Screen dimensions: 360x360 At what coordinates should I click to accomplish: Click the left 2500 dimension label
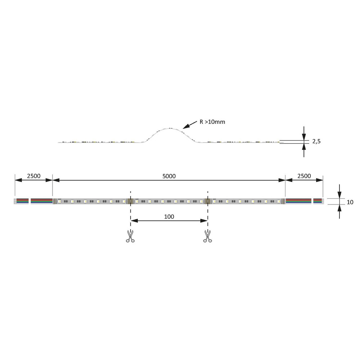click(x=34, y=176)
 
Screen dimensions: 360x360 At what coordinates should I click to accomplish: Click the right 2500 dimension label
click(x=304, y=176)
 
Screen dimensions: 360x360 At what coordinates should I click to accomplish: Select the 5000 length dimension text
click(x=169, y=176)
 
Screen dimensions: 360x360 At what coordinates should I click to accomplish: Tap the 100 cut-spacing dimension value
click(x=169, y=216)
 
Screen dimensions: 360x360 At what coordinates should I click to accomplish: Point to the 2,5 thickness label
click(x=316, y=141)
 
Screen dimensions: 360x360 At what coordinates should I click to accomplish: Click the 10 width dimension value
click(x=350, y=202)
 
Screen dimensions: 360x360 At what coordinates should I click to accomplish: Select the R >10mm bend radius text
click(x=212, y=122)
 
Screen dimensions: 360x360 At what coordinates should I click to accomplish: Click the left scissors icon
click(x=130, y=236)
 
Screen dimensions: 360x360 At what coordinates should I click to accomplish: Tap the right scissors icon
click(x=208, y=236)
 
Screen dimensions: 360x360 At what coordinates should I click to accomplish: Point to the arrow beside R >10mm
click(x=190, y=125)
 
